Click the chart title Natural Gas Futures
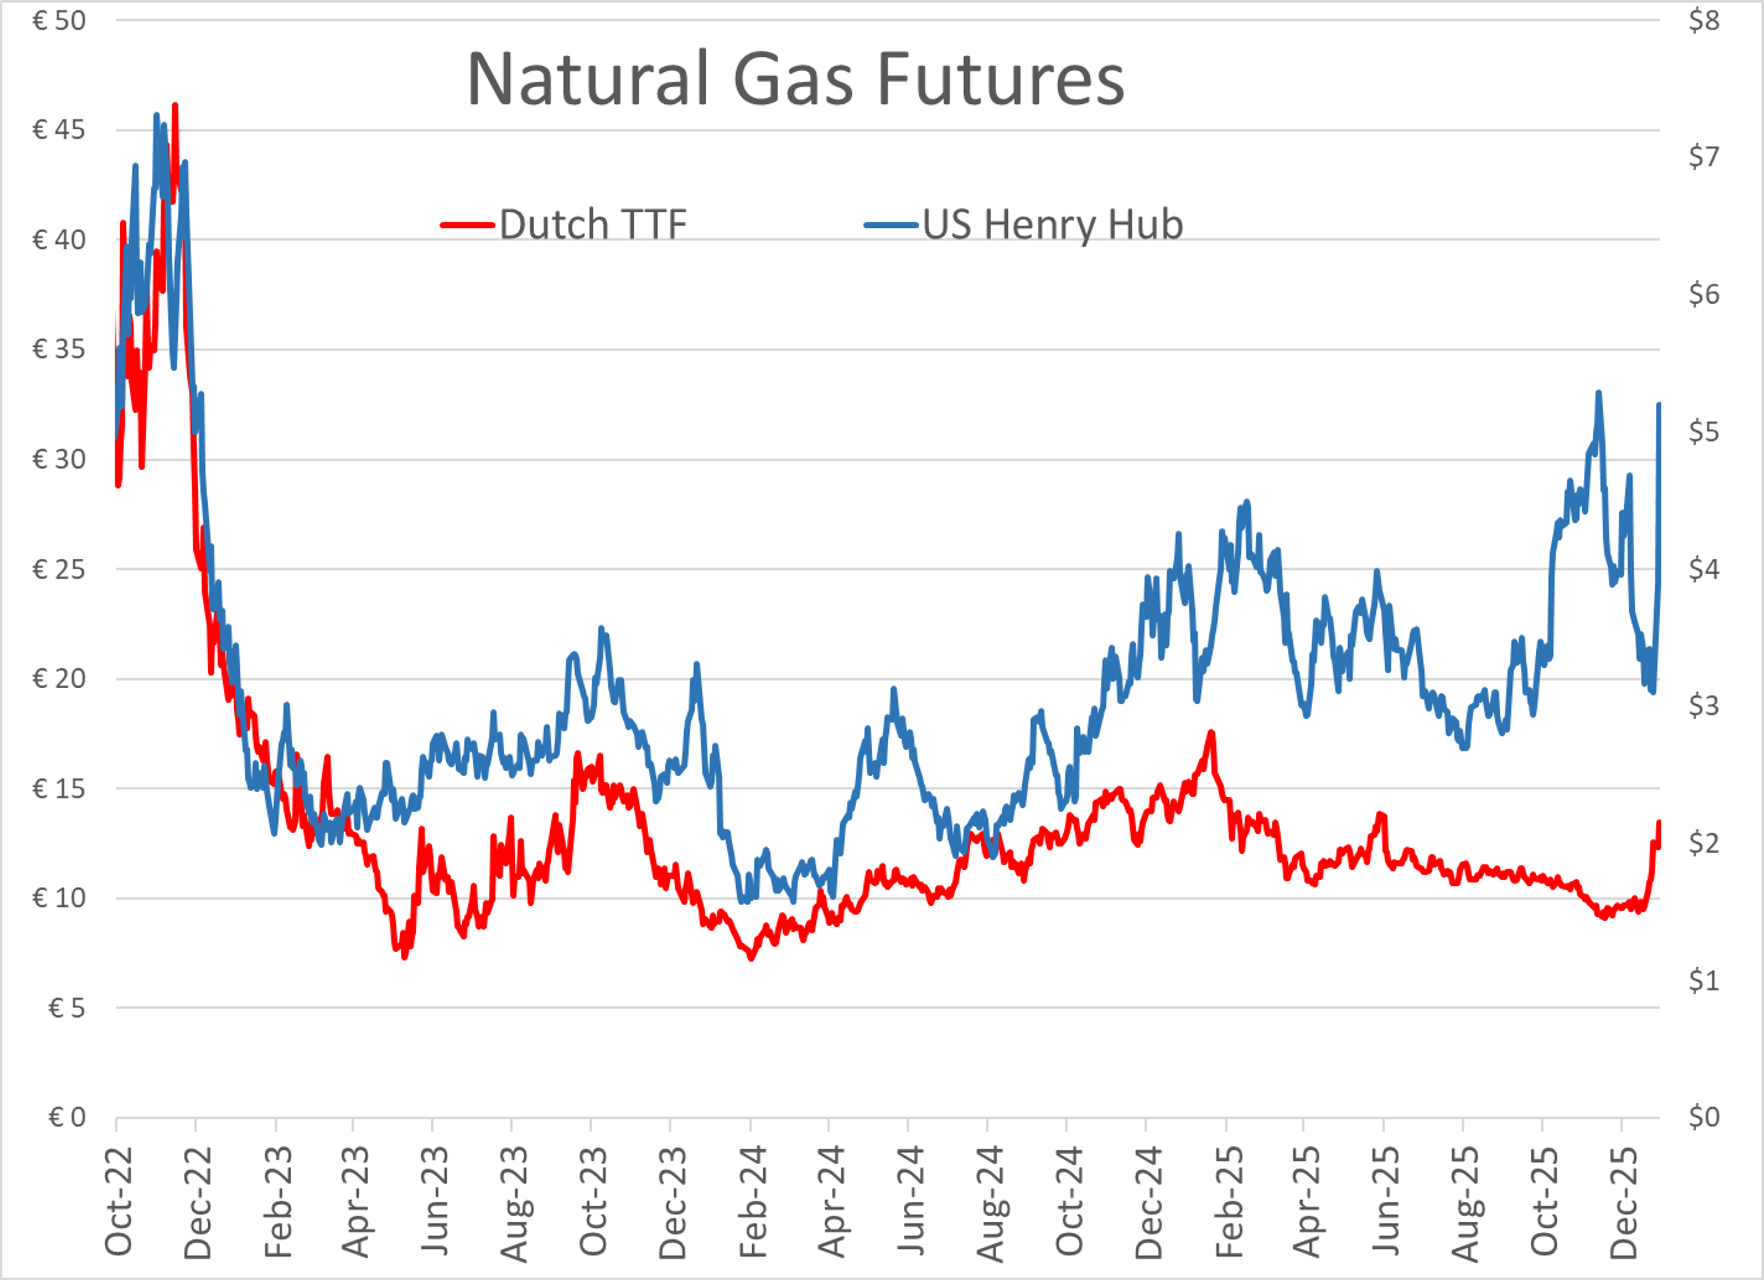point(795,79)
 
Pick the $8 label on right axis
point(1703,20)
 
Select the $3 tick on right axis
point(1703,705)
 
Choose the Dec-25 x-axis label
point(1624,1202)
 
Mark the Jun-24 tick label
point(911,1202)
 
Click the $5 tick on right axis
point(1703,431)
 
